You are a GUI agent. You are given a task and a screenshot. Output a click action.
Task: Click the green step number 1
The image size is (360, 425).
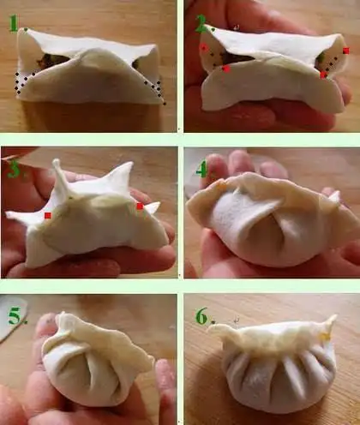click(14, 23)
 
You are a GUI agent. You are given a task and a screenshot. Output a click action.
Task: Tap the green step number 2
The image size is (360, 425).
click(201, 23)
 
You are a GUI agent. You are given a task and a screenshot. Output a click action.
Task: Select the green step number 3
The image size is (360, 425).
click(15, 169)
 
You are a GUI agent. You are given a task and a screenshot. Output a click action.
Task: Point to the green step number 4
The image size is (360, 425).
click(201, 170)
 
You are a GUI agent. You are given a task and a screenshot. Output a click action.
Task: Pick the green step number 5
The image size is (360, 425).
click(16, 316)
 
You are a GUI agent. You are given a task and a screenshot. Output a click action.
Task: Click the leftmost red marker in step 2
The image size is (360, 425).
click(204, 47)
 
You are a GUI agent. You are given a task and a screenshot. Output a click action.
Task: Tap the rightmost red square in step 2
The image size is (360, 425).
click(346, 51)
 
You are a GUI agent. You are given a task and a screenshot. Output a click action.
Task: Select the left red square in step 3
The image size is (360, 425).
click(48, 216)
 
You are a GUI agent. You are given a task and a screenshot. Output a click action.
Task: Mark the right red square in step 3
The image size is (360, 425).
click(140, 207)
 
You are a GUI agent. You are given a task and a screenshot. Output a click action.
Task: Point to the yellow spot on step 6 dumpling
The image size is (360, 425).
click(325, 337)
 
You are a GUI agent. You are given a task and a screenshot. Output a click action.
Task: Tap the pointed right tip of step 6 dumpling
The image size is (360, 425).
click(334, 316)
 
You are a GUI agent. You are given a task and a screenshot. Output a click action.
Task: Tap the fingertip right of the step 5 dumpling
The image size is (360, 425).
click(165, 377)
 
